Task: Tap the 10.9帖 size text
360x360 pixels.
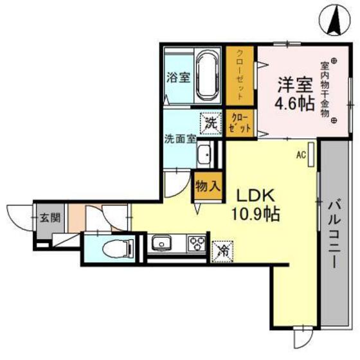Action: pyautogui.click(x=255, y=214)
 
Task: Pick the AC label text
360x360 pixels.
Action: pyautogui.click(x=300, y=154)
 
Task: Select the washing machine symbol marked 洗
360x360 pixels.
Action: pyautogui.click(x=210, y=123)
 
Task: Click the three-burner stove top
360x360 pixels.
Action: pyautogui.click(x=195, y=244)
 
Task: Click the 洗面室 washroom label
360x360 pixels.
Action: pyautogui.click(x=180, y=138)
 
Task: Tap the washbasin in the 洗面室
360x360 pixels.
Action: pyautogui.click(x=205, y=154)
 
